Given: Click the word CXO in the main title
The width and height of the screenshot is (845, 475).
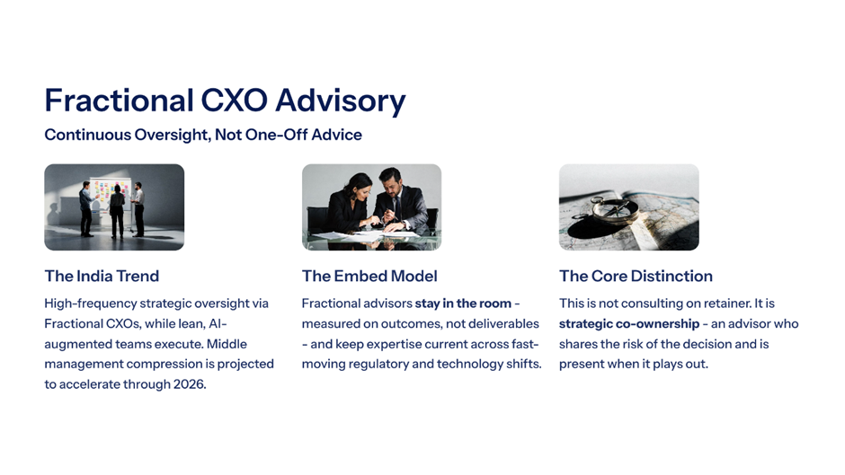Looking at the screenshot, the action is coord(234,101).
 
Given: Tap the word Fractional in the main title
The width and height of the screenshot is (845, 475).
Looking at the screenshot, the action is coord(119,101).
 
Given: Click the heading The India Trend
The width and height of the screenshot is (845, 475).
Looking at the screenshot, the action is coord(102,277).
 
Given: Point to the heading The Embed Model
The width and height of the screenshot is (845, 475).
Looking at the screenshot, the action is coord(369,277).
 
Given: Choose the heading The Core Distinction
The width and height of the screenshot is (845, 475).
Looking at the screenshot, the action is coord(636,277).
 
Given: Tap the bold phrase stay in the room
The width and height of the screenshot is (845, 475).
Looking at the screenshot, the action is coord(463,303).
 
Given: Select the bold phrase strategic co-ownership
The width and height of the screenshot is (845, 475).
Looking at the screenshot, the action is coord(629,324).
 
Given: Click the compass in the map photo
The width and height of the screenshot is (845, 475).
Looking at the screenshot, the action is coord(613,209).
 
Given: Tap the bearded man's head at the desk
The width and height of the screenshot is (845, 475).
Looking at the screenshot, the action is coord(391,181).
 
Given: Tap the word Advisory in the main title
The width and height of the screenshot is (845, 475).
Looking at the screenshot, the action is coord(341,101).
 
